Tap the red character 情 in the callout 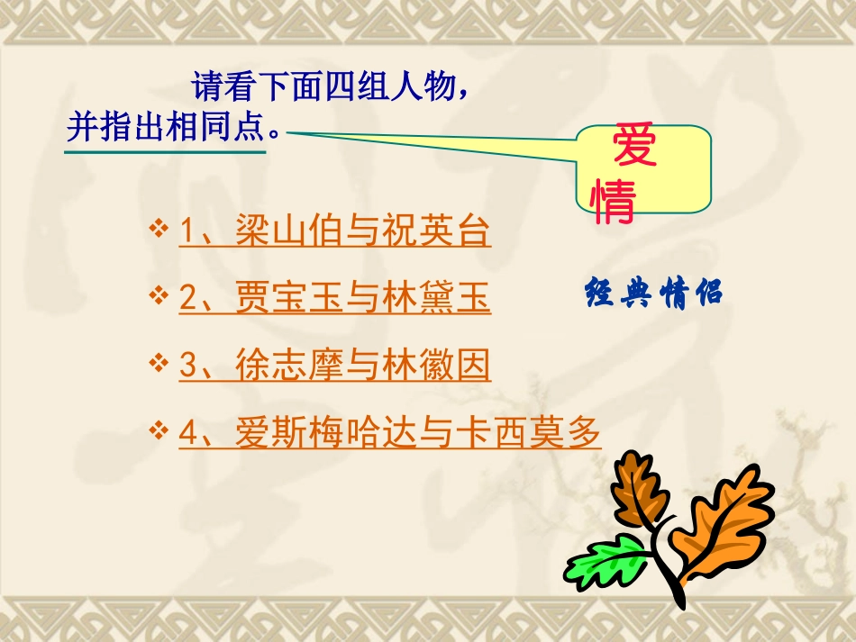click(613, 203)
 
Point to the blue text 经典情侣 click(654, 294)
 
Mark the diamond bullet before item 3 click(159, 362)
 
